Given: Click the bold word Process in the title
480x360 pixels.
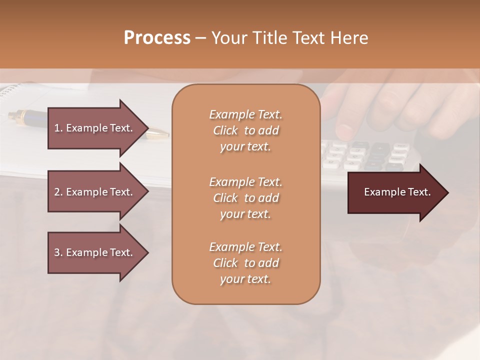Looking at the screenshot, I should (157, 38).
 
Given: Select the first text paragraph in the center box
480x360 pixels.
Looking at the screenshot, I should (245, 130).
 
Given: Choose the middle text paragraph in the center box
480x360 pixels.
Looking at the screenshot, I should (245, 197).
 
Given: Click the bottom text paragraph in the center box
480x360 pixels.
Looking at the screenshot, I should (245, 263).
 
